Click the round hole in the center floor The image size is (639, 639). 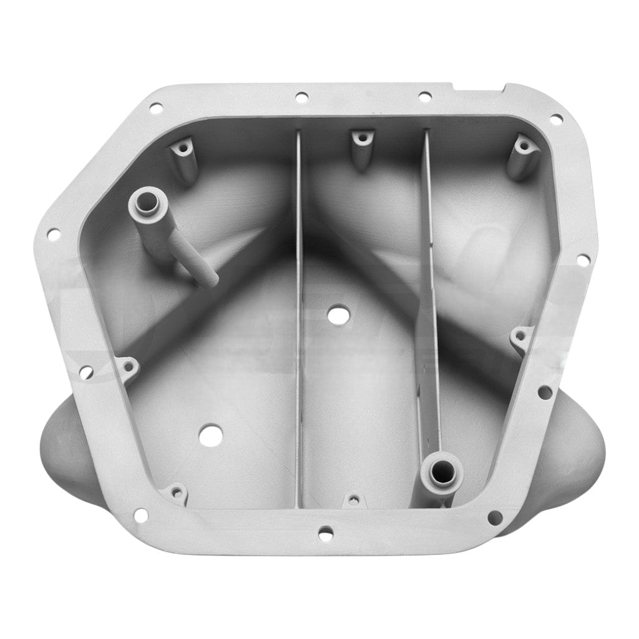(x=338, y=315)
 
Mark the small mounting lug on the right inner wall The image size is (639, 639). (x=519, y=338)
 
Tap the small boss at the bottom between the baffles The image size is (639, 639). (x=354, y=499)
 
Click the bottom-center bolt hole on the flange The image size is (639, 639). (x=324, y=534)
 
